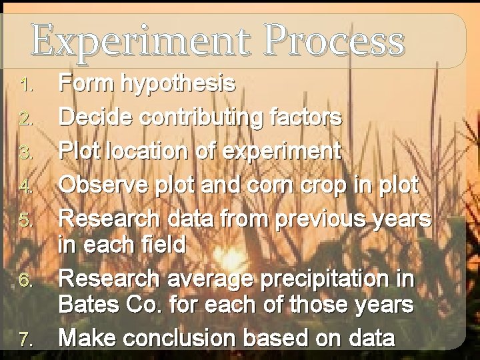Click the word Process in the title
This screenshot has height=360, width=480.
point(334,41)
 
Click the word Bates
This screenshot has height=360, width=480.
point(90,305)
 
